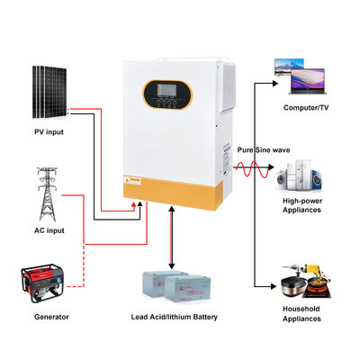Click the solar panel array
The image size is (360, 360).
(49, 91)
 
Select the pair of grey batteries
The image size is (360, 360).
(176, 285)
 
